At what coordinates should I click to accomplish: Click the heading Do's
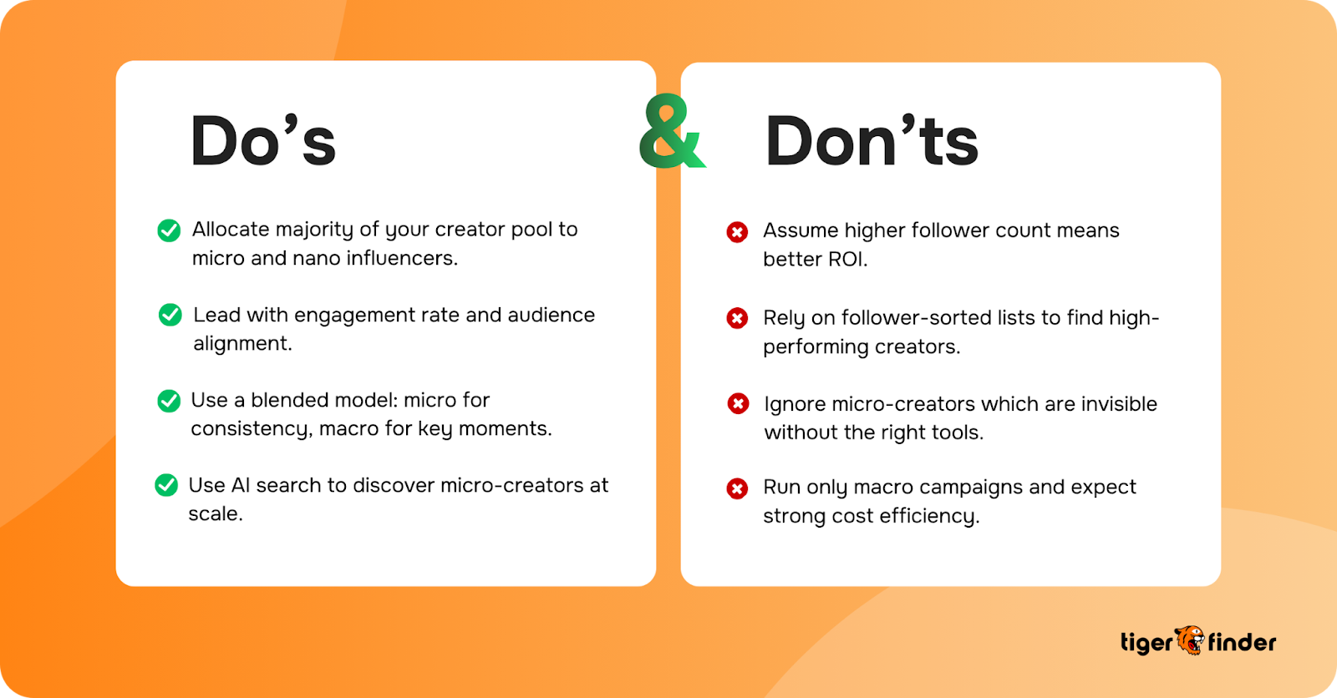tap(263, 141)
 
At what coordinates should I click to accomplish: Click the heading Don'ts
tap(872, 141)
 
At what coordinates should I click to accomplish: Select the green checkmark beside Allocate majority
tap(169, 230)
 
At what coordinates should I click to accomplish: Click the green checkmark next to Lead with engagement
tap(170, 315)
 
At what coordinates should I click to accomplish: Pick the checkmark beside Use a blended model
tap(169, 401)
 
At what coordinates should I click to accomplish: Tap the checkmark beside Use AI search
tap(166, 485)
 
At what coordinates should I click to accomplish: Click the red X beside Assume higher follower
tap(737, 232)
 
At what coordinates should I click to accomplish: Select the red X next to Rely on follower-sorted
tap(737, 318)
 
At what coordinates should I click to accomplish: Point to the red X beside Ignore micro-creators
tap(738, 404)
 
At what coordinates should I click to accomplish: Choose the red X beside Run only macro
tap(737, 488)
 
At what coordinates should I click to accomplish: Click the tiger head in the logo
tap(1190, 640)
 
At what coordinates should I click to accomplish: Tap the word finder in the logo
tap(1243, 642)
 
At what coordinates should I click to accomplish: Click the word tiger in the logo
tap(1146, 643)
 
